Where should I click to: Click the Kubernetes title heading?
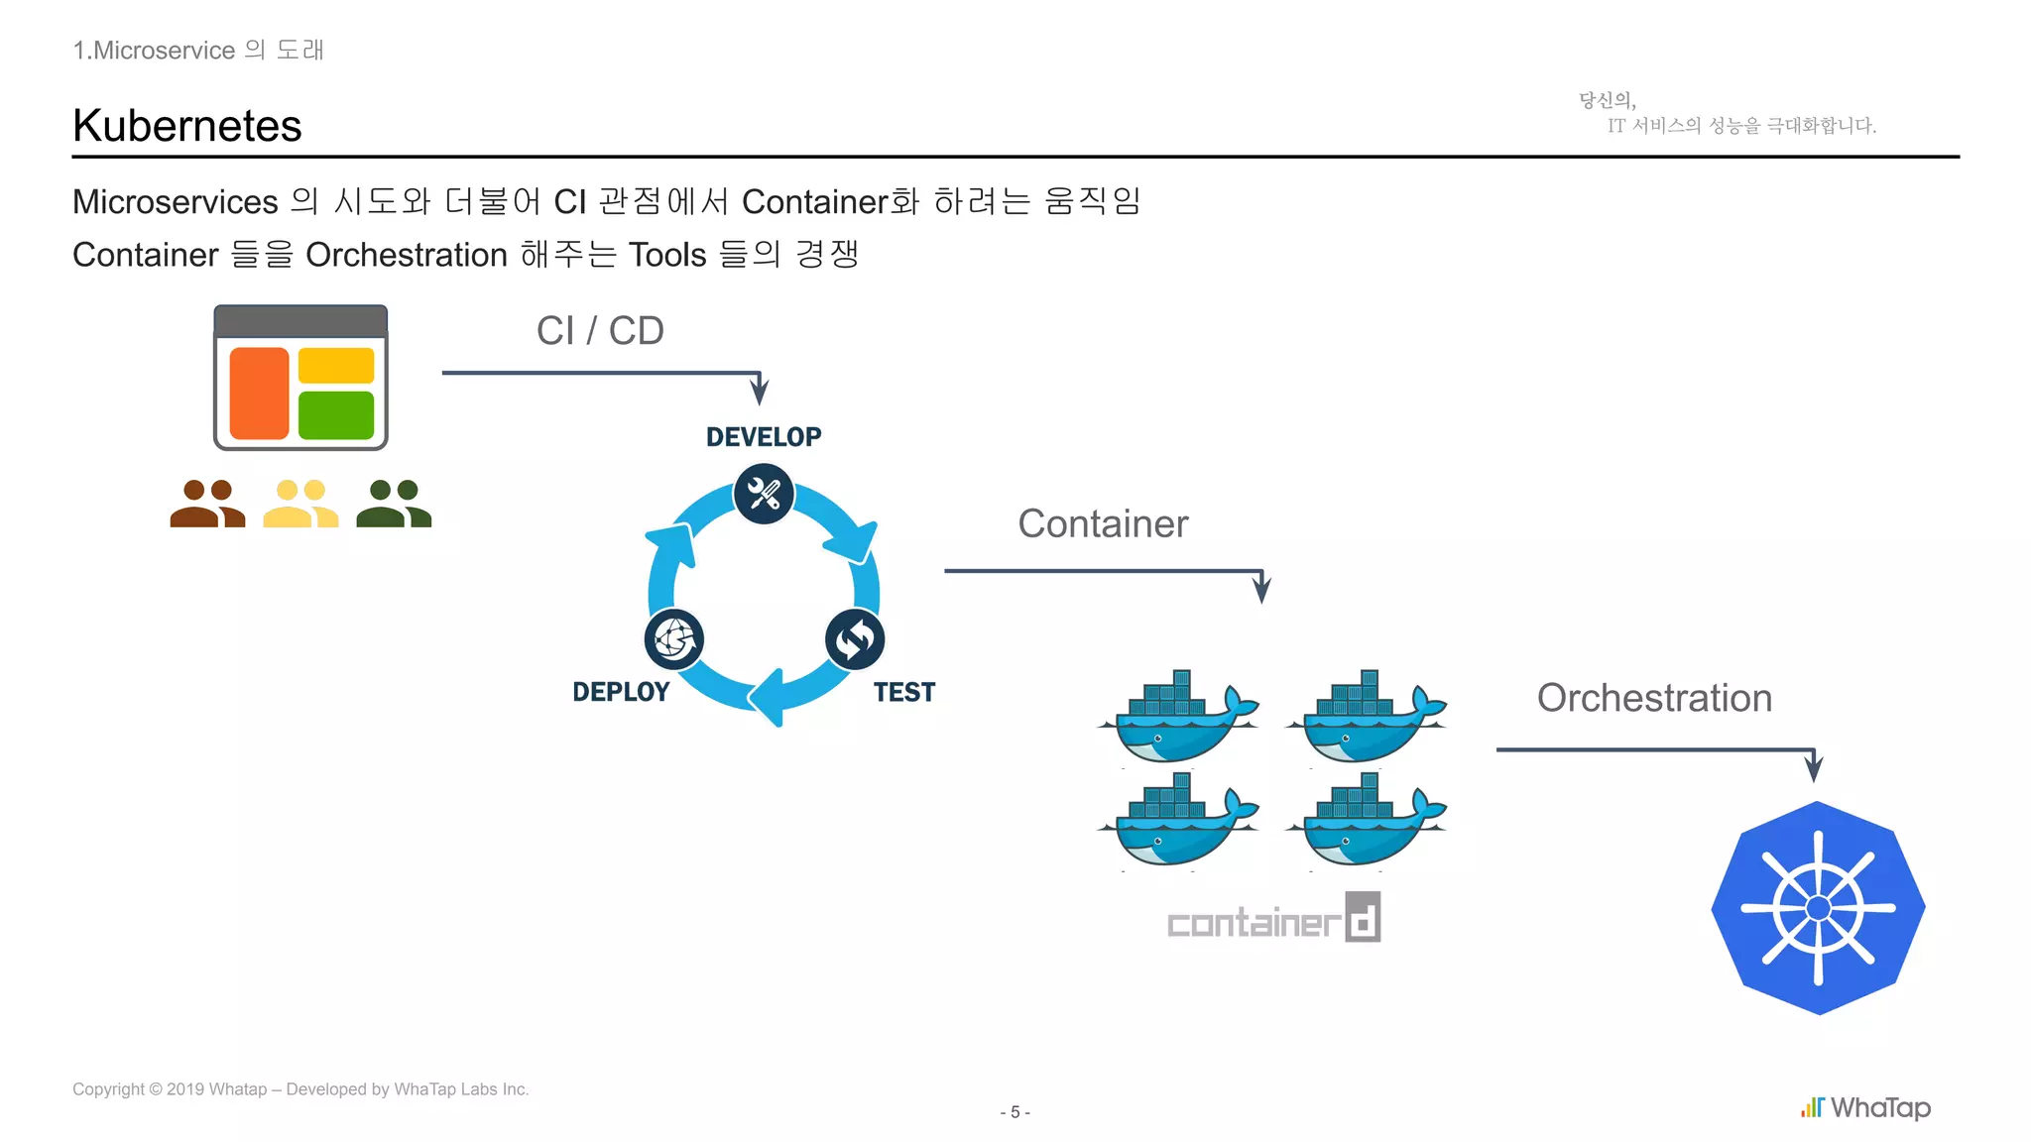[187, 126]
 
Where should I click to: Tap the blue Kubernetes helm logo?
[1818, 907]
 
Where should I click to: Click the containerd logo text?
[1273, 920]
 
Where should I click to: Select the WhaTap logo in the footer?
[1866, 1107]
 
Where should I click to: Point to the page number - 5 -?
[1015, 1112]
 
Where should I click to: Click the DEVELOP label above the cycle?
[764, 437]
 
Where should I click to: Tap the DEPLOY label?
[621, 692]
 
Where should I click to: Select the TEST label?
[903, 692]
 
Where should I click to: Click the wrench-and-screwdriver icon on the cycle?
[764, 494]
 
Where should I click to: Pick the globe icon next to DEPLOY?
[674, 639]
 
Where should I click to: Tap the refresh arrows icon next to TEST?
[855, 639]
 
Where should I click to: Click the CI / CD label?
[600, 331]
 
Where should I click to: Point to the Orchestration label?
[1654, 698]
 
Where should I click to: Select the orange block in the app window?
[259, 393]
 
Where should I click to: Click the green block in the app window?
[336, 414]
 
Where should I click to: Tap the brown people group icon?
[207, 504]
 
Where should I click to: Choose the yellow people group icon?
[300, 504]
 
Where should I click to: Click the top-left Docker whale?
[1177, 718]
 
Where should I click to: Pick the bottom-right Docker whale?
[1367, 821]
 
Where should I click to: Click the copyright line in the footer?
[300, 1089]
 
